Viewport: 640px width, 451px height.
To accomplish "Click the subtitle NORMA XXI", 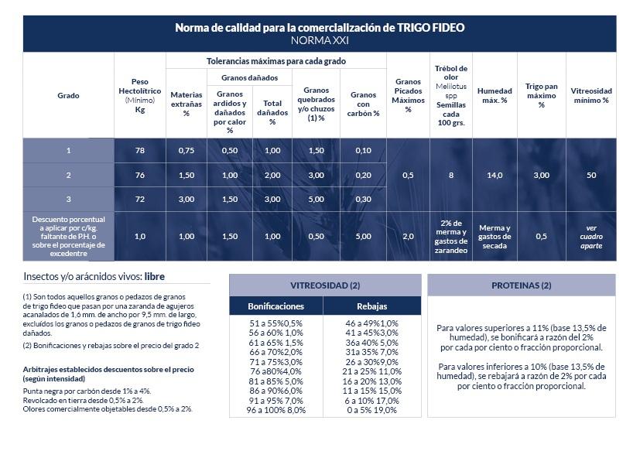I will click(320, 40).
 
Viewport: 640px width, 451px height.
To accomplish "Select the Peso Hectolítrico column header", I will click(140, 95).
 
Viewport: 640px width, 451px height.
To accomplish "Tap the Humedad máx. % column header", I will click(495, 95).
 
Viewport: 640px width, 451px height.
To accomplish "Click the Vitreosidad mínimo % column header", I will click(591, 95).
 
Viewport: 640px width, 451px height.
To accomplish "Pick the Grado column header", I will click(68, 96).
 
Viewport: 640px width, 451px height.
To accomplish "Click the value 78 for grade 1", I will click(140, 150).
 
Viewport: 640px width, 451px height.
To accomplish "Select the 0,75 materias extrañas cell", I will click(186, 150).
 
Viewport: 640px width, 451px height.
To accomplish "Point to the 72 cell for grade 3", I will click(140, 200).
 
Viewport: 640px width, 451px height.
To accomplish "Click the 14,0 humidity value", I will click(495, 176).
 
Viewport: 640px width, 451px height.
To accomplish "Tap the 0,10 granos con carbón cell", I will click(363, 150).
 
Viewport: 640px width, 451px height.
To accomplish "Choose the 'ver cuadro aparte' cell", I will click(591, 237).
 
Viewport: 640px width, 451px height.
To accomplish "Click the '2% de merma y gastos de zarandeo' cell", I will click(451, 237).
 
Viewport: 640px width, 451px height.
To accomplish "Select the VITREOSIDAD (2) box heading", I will click(325, 285).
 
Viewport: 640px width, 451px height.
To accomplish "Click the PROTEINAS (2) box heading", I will click(521, 285).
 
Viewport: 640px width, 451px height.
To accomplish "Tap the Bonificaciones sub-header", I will click(276, 306).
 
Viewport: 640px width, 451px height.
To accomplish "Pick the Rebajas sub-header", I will click(372, 306).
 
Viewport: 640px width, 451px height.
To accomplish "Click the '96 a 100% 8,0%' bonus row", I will click(276, 410).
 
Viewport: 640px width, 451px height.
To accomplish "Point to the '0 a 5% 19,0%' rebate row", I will click(371, 410).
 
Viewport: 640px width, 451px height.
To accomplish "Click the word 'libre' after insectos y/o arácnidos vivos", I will click(154, 276).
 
